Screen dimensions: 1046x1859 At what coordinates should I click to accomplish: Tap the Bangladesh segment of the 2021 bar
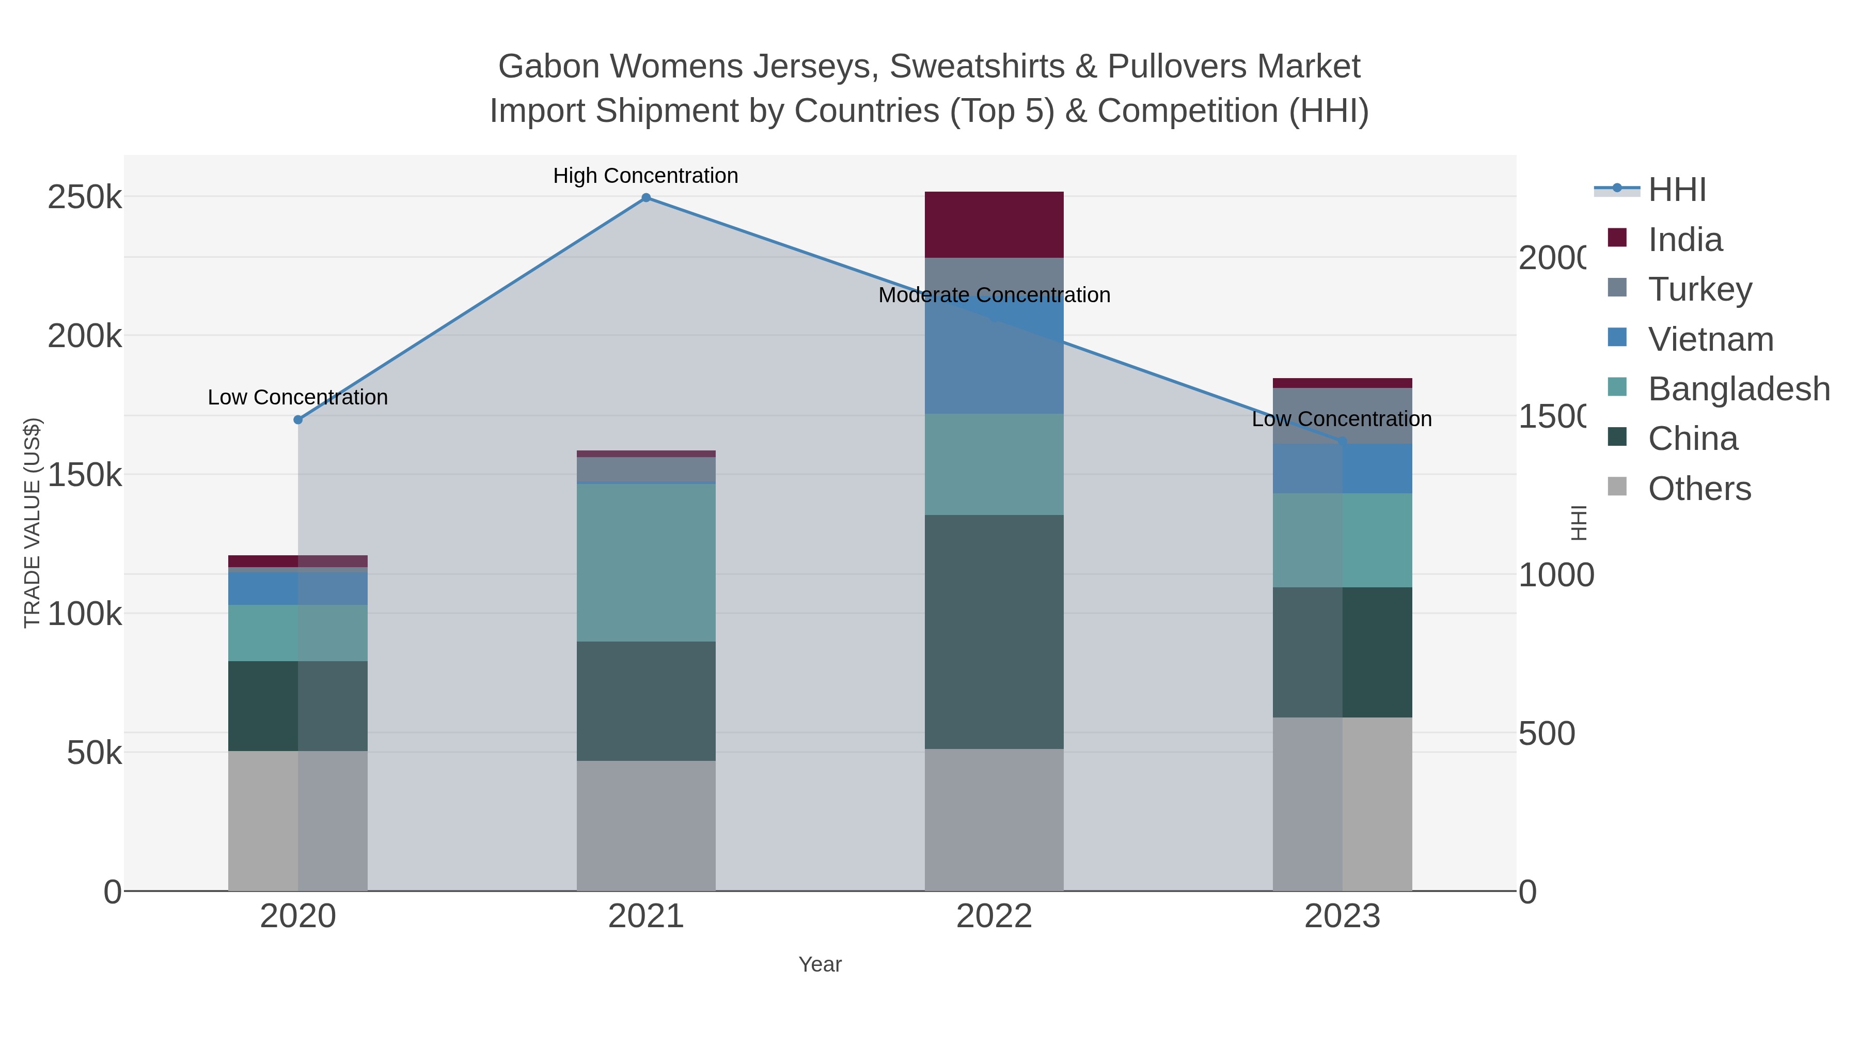[646, 563]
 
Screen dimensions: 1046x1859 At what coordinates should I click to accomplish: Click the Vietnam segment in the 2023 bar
[1342, 469]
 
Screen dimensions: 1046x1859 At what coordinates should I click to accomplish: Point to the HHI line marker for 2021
[646, 198]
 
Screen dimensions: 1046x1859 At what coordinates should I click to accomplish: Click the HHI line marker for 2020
[298, 419]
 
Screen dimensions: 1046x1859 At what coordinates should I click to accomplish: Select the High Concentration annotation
[646, 176]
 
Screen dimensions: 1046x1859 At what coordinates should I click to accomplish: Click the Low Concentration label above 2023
[1342, 419]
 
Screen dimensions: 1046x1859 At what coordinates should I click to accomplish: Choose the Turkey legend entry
[1699, 289]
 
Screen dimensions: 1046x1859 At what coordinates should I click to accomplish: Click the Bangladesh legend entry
[1739, 389]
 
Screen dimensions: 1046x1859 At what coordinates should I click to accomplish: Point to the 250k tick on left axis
[85, 198]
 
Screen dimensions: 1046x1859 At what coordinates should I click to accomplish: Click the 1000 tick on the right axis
[1556, 575]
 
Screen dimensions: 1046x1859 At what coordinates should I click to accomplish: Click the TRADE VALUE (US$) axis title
[33, 523]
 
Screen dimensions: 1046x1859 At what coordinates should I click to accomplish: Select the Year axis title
[820, 964]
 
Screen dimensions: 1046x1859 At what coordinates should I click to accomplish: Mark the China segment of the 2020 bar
[298, 706]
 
